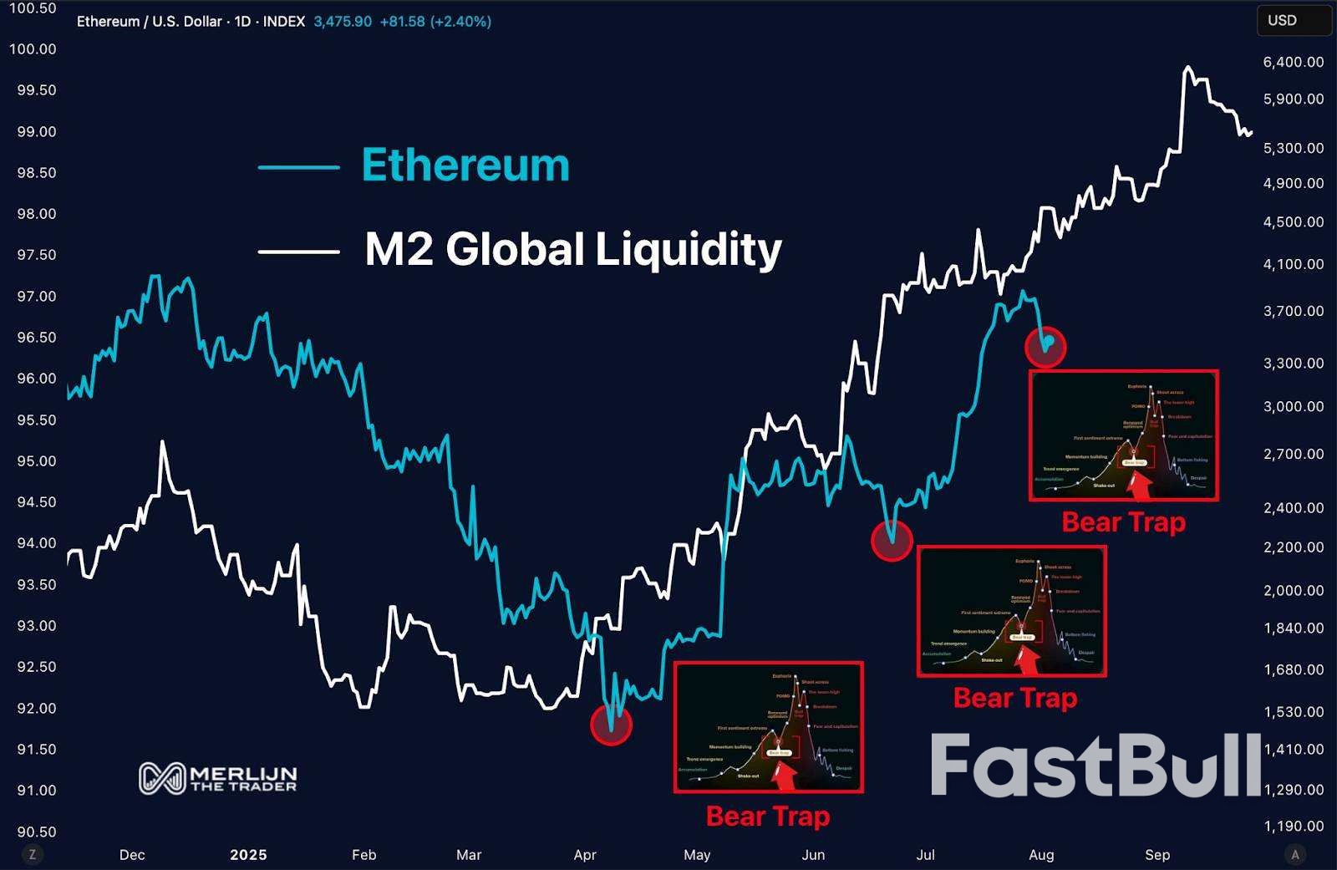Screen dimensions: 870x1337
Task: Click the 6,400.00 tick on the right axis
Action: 1294,62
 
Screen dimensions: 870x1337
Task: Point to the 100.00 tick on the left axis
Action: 33,49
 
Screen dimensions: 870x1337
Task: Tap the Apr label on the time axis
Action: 585,855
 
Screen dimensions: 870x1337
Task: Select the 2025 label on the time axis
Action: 248,855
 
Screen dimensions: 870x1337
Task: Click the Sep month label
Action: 1157,855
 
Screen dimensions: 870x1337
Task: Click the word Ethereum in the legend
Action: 465,165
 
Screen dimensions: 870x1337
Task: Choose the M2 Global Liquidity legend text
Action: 573,249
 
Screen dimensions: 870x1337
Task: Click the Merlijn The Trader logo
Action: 217,778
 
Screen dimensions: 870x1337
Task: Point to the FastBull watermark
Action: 1096,766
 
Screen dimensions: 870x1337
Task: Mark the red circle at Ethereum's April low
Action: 611,725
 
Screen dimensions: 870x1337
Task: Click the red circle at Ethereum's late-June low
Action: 892,541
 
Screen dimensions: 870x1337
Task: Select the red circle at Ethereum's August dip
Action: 1045,345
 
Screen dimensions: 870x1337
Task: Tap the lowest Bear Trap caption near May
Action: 768,816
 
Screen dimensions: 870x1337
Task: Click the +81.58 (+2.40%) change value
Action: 435,22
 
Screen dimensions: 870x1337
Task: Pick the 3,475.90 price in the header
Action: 343,22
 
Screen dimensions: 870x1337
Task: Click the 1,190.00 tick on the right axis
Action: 1294,827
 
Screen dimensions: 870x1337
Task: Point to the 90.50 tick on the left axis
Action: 33,832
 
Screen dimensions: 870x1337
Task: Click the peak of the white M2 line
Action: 1187,68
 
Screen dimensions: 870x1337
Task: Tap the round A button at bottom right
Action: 1295,854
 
